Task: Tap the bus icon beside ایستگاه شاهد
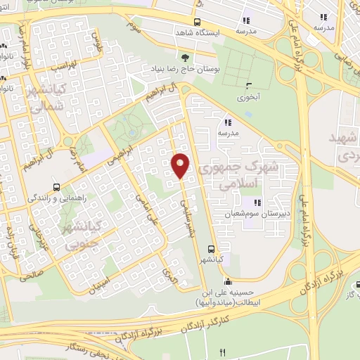pyautogui.click(x=197, y=22)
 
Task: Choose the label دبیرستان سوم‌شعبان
pyautogui.click(x=268, y=213)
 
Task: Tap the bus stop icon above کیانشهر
pyautogui.click(x=212, y=248)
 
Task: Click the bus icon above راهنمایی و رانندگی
pyautogui.click(x=56, y=188)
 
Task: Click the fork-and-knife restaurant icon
pyautogui.click(x=224, y=352)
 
